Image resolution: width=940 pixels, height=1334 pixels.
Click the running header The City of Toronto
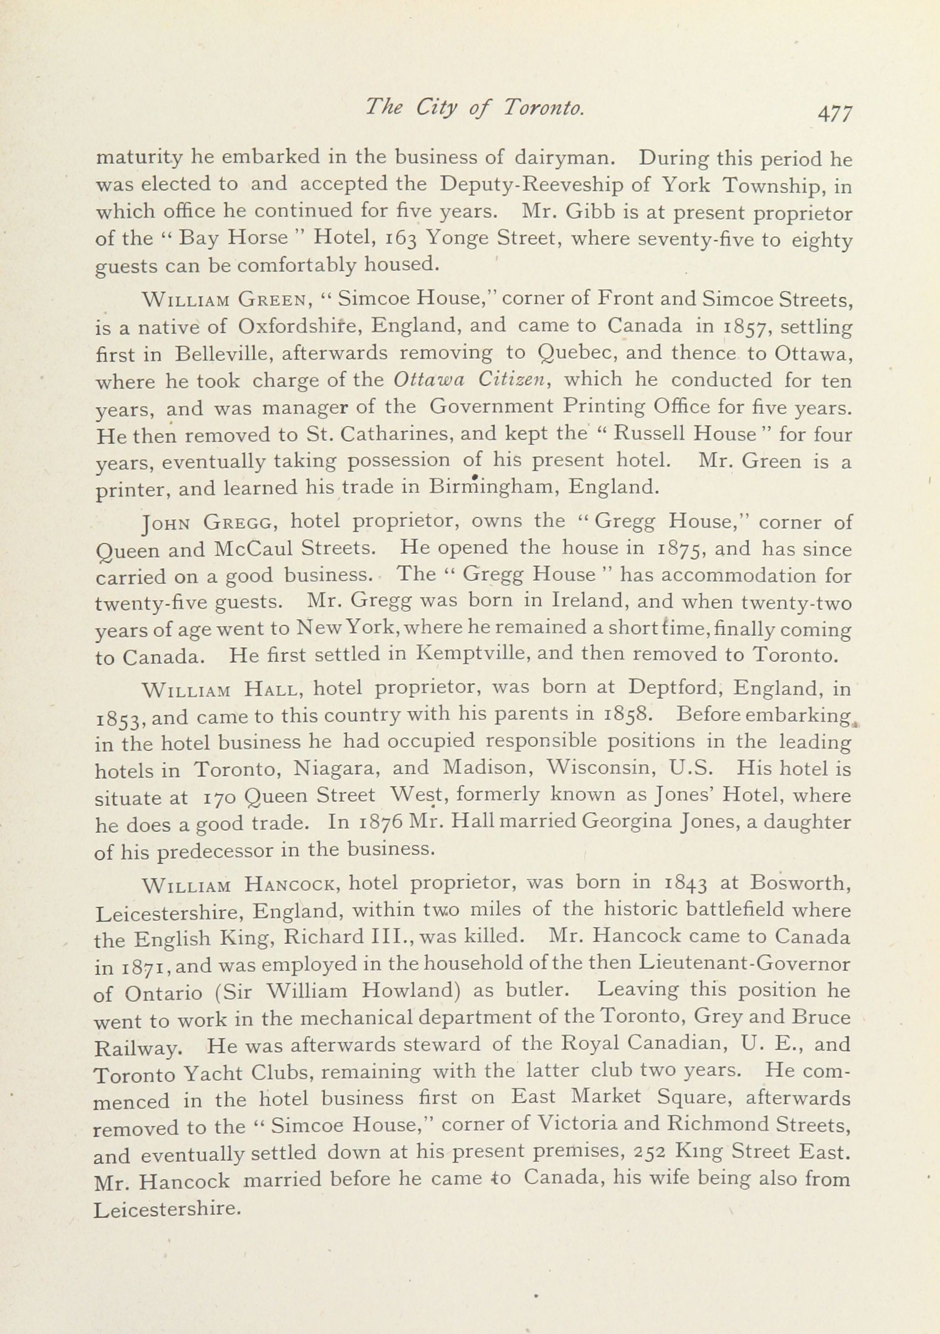pos(474,107)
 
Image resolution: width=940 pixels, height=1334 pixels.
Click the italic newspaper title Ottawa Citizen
pos(471,380)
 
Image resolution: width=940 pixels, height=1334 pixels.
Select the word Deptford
pos(676,688)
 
